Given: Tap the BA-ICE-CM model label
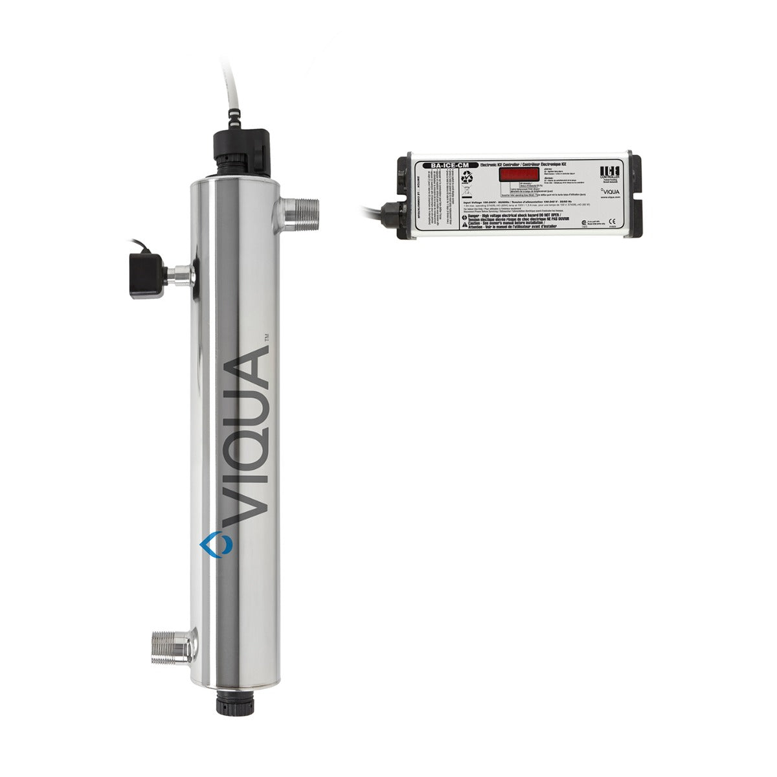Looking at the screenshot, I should [446, 166].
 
